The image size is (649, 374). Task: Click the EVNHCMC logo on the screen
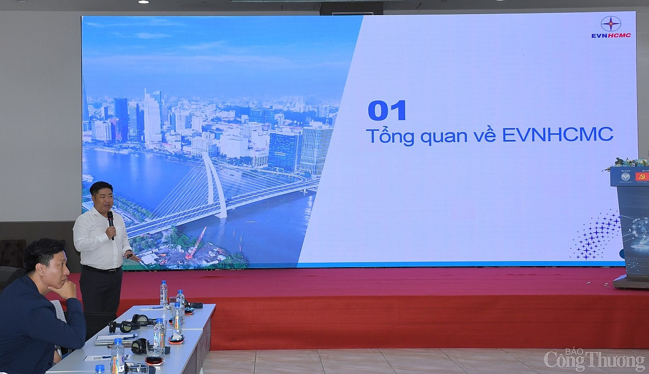[611, 28]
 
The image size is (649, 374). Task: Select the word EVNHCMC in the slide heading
[558, 135]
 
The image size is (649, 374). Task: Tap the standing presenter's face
[102, 198]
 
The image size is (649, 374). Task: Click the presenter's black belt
[101, 269]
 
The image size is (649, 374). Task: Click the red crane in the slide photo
[195, 243]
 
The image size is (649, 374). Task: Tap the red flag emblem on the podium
[642, 177]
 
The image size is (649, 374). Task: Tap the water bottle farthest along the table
[163, 292]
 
